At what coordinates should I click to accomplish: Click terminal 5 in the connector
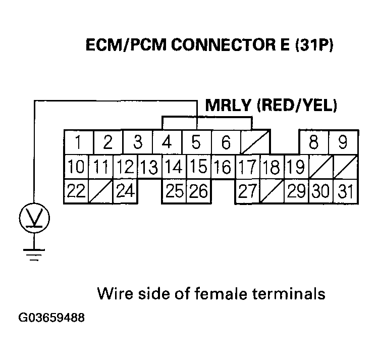point(196,142)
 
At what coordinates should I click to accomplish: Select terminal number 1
point(78,142)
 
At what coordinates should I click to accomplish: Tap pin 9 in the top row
point(343,142)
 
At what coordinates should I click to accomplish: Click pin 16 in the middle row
point(223,167)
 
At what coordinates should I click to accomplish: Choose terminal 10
point(76,167)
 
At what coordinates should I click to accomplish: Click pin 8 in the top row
point(313,142)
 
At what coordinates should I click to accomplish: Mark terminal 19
point(295,167)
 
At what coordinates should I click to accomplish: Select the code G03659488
point(51,319)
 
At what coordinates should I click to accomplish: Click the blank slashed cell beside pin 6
point(254,142)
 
